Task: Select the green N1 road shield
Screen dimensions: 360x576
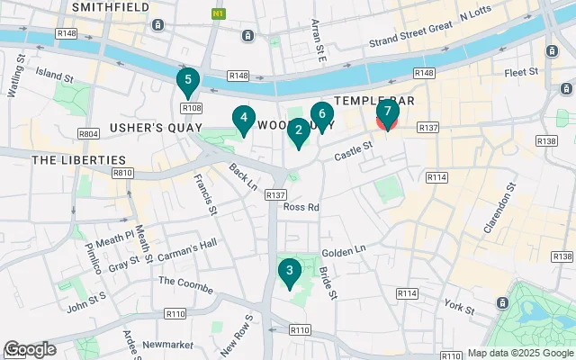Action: (217, 14)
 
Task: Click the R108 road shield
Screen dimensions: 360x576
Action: (191, 108)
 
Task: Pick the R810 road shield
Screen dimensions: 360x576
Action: (122, 172)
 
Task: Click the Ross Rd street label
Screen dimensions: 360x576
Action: (301, 207)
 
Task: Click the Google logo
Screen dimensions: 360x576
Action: (30, 349)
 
